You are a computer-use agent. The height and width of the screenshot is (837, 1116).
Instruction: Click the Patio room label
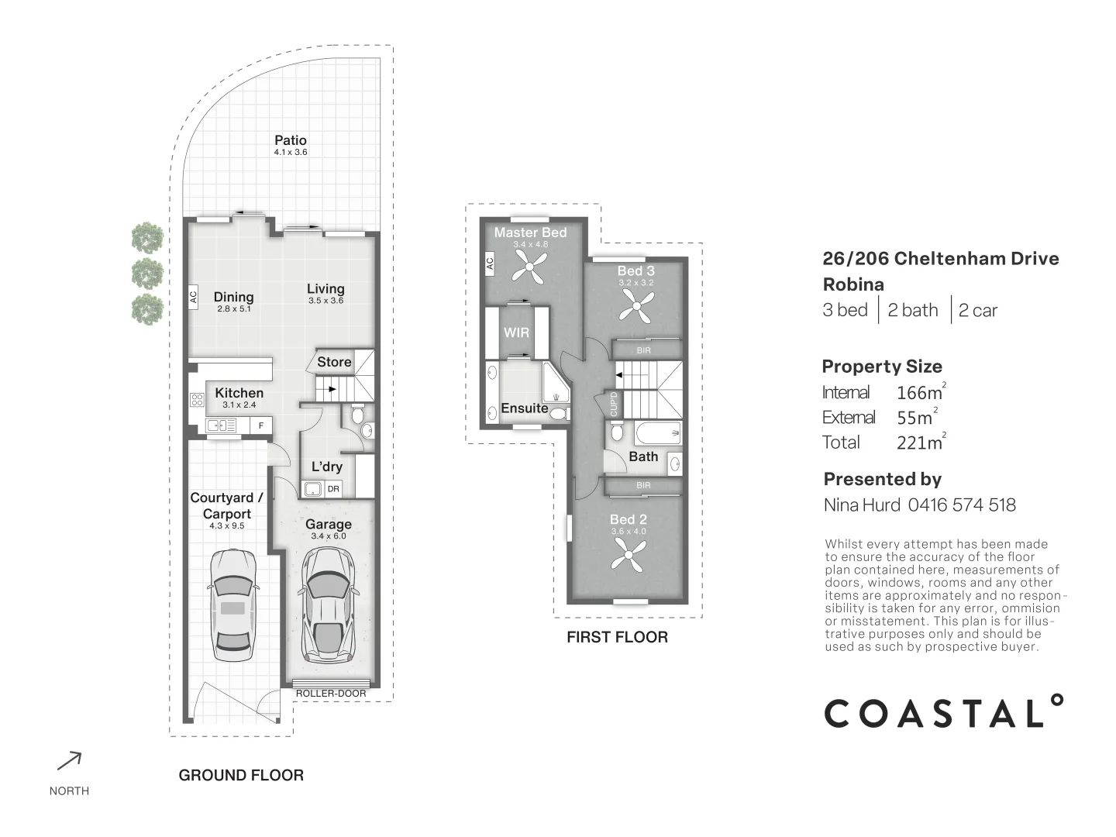291,140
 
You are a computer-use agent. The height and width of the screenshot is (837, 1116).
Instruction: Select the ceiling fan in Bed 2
629,554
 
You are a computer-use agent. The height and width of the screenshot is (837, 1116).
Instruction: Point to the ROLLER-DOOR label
331,693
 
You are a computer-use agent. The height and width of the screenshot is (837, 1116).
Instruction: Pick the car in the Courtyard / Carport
232,604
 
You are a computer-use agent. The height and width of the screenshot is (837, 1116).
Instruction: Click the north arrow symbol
69,761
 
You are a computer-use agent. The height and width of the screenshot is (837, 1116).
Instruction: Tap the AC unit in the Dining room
193,297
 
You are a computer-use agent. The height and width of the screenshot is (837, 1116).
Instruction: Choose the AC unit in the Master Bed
490,263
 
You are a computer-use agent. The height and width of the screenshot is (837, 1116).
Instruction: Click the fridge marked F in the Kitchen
261,425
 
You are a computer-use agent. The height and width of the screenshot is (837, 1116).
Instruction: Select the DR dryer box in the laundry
333,489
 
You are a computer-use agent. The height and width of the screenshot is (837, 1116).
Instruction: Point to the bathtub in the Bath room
658,433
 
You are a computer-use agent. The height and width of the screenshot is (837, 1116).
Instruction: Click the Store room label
334,362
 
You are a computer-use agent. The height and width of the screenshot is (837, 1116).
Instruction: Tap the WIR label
517,332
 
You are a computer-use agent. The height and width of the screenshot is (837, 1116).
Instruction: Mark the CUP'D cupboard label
614,404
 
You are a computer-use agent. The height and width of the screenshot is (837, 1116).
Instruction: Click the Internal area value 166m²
921,392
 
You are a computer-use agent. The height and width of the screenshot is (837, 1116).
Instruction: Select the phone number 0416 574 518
962,505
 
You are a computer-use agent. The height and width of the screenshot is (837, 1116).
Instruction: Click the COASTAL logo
944,711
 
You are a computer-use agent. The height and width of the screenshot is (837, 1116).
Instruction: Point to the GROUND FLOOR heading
241,775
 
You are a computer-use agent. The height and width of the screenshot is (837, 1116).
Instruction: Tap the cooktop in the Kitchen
198,400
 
